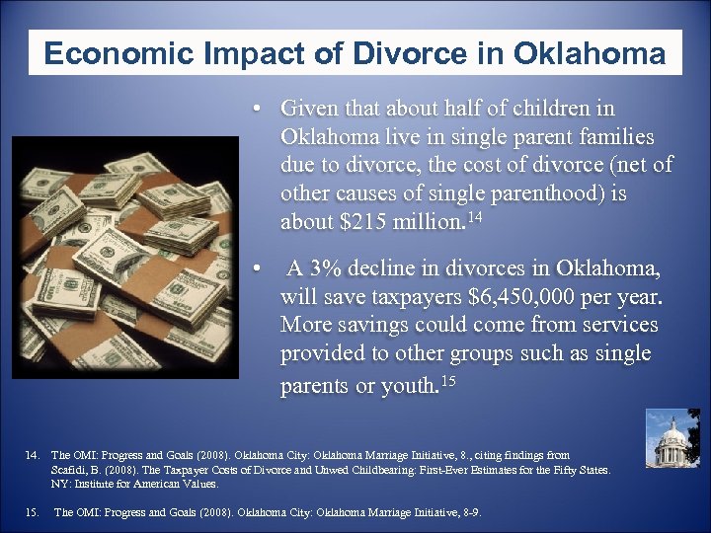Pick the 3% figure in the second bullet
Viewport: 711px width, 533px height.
coord(323,268)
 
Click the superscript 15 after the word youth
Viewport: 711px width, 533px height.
coord(452,381)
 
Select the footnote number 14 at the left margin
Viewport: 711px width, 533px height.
coord(32,457)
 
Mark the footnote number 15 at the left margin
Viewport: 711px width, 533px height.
coord(32,512)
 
